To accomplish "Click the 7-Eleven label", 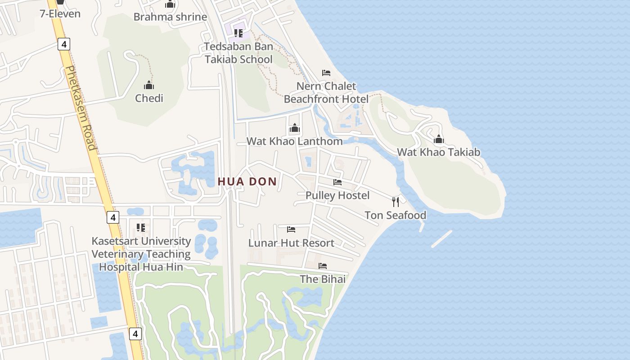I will click(x=60, y=13).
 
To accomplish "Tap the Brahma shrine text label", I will click(x=170, y=17).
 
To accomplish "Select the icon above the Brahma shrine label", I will click(x=170, y=4).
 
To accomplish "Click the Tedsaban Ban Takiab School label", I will click(x=238, y=53).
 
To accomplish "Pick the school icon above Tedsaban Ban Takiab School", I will click(x=238, y=33).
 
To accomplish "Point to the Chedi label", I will click(x=149, y=98).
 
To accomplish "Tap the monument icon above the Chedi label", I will click(x=149, y=85).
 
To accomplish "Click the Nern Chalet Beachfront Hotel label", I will click(x=326, y=92).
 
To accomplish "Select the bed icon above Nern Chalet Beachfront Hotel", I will click(x=326, y=72).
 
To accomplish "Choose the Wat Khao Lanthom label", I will click(x=294, y=141).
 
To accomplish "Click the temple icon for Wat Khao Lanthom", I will click(x=295, y=128).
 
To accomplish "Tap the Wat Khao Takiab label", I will click(x=438, y=152).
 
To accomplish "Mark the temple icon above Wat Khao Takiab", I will click(x=439, y=139).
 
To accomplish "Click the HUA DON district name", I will click(x=247, y=181).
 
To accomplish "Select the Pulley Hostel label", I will click(x=337, y=195).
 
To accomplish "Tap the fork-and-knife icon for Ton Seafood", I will click(x=395, y=202).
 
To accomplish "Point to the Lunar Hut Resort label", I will click(x=291, y=243).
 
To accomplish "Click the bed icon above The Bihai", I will click(x=323, y=266).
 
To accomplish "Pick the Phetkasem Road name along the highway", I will click(x=81, y=108).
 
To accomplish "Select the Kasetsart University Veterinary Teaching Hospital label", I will click(x=141, y=254).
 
